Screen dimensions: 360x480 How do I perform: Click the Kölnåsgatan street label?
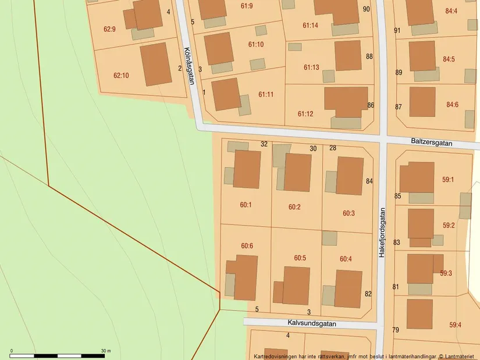(x=189, y=66)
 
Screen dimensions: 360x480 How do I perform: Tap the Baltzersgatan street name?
(x=437, y=141)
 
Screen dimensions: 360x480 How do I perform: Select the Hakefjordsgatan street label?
(x=382, y=233)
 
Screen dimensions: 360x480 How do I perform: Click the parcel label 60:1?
(x=246, y=205)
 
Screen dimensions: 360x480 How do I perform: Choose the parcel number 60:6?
(x=247, y=246)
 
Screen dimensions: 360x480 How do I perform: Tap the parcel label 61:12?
(x=305, y=114)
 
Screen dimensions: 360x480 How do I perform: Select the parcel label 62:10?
(x=121, y=75)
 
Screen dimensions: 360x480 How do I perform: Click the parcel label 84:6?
(x=452, y=105)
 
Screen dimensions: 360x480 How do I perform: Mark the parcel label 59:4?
(x=454, y=325)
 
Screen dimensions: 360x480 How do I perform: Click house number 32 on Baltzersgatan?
(x=264, y=144)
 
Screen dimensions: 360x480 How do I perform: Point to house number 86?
(x=371, y=105)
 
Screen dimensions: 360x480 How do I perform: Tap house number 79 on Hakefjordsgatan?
(x=396, y=330)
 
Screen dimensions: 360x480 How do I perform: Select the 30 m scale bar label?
(x=105, y=351)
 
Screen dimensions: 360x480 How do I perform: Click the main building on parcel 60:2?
(x=297, y=172)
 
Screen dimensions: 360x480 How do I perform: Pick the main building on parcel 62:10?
(x=156, y=64)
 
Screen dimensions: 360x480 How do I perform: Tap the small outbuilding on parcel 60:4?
(x=329, y=238)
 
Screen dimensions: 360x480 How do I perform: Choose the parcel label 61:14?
(x=310, y=26)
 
